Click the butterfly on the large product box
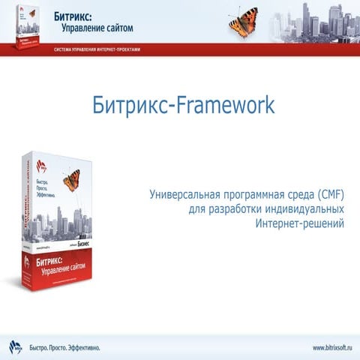pyautogui.click(x=71, y=180)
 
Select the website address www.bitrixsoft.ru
pyautogui.click(x=332, y=347)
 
